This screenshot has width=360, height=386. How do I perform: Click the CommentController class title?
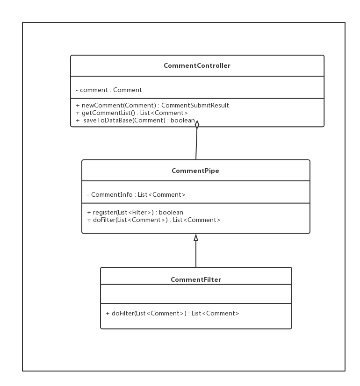(197, 66)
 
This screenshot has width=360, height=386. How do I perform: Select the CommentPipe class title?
(195, 171)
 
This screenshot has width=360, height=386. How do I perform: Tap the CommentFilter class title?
(196, 279)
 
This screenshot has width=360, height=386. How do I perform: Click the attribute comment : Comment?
(108, 90)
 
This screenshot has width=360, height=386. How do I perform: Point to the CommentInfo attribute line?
(136, 194)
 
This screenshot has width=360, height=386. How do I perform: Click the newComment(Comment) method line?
(152, 105)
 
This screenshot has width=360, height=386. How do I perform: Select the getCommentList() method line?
(131, 113)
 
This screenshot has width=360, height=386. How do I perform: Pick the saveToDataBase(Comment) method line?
(135, 121)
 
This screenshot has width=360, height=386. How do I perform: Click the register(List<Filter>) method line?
(135, 212)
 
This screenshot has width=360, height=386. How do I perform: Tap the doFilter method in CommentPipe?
(153, 220)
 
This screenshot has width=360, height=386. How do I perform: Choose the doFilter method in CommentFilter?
(172, 313)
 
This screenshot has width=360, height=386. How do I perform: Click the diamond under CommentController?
(197, 124)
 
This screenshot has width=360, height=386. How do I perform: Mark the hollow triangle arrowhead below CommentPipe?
(196, 237)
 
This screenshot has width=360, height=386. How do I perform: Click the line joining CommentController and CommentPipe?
(196, 145)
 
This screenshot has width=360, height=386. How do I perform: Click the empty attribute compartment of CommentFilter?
(196, 294)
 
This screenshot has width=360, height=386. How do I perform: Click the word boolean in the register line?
(171, 212)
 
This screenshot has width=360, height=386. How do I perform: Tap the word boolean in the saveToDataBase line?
(183, 121)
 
